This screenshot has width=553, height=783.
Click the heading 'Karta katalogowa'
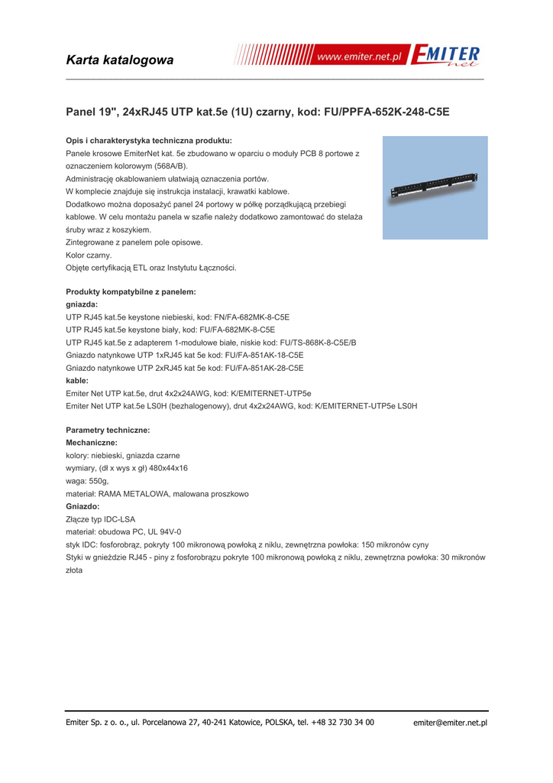pyautogui.click(x=120, y=60)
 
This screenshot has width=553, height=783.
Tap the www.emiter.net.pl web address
pyautogui.click(x=359, y=58)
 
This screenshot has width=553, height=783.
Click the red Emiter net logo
pyautogui.click(x=446, y=57)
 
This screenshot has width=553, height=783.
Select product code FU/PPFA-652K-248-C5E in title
pyautogui.click(x=387, y=112)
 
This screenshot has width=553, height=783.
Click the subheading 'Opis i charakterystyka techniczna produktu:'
pyautogui.click(x=149, y=141)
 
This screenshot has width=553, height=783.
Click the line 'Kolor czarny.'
pyautogui.click(x=89, y=255)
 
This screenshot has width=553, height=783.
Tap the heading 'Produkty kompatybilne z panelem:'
pyautogui.click(x=131, y=291)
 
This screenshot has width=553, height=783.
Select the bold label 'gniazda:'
pyautogui.click(x=82, y=304)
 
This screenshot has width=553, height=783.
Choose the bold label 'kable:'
pyautogui.click(x=77, y=381)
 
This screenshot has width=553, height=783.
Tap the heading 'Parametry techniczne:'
pyautogui.click(x=108, y=430)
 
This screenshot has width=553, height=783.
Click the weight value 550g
pyautogui.click(x=99, y=481)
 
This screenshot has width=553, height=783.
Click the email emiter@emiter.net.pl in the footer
pyautogui.click(x=450, y=723)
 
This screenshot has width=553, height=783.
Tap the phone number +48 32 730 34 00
pyautogui.click(x=342, y=722)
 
